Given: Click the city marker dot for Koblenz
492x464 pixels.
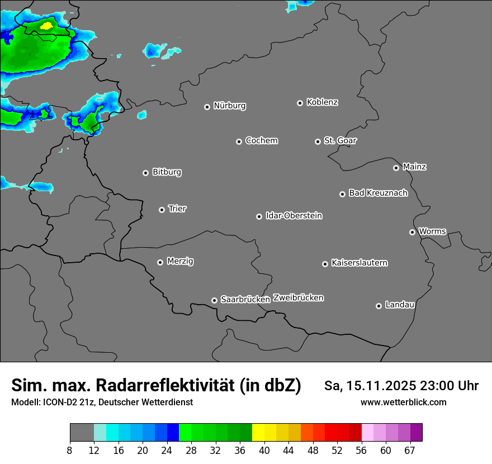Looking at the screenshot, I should [300, 103].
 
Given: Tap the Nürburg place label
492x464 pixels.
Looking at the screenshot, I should [229, 106].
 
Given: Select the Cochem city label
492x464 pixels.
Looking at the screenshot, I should [261, 140].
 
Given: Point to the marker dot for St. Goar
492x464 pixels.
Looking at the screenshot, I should [318, 141].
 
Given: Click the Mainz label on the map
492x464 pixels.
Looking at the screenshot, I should [414, 167].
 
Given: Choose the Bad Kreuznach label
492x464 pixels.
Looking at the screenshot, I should [378, 193].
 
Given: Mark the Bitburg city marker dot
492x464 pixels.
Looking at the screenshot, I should [145, 173].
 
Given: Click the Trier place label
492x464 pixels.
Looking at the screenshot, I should [177, 209].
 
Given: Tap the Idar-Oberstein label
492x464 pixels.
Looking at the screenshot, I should [294, 215].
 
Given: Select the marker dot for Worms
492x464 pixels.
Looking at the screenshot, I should [412, 232].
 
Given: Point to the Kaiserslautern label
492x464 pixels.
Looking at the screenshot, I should [359, 263].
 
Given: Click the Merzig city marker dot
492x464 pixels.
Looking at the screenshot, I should [160, 262].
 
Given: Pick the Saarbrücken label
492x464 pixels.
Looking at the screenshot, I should [245, 299].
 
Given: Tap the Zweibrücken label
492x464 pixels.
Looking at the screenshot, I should [298, 297].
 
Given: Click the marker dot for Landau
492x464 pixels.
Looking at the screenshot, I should [379, 306].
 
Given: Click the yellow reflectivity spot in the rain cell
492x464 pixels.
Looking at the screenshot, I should [47, 25].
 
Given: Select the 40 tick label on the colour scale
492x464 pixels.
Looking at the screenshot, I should [264, 451].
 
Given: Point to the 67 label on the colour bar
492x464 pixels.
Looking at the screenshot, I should [409, 451].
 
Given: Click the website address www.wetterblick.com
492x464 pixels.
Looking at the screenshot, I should [403, 403].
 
